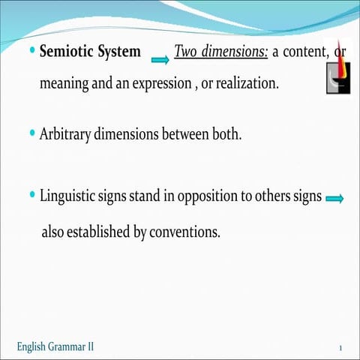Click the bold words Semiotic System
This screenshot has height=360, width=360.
click(90, 52)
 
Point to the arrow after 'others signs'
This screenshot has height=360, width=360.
click(335, 199)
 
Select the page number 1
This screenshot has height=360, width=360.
click(340, 348)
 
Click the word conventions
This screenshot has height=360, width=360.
click(184, 232)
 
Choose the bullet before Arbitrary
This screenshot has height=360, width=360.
click(31, 133)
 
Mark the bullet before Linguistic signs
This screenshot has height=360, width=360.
click(31, 194)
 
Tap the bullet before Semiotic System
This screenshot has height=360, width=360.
click(31, 51)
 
